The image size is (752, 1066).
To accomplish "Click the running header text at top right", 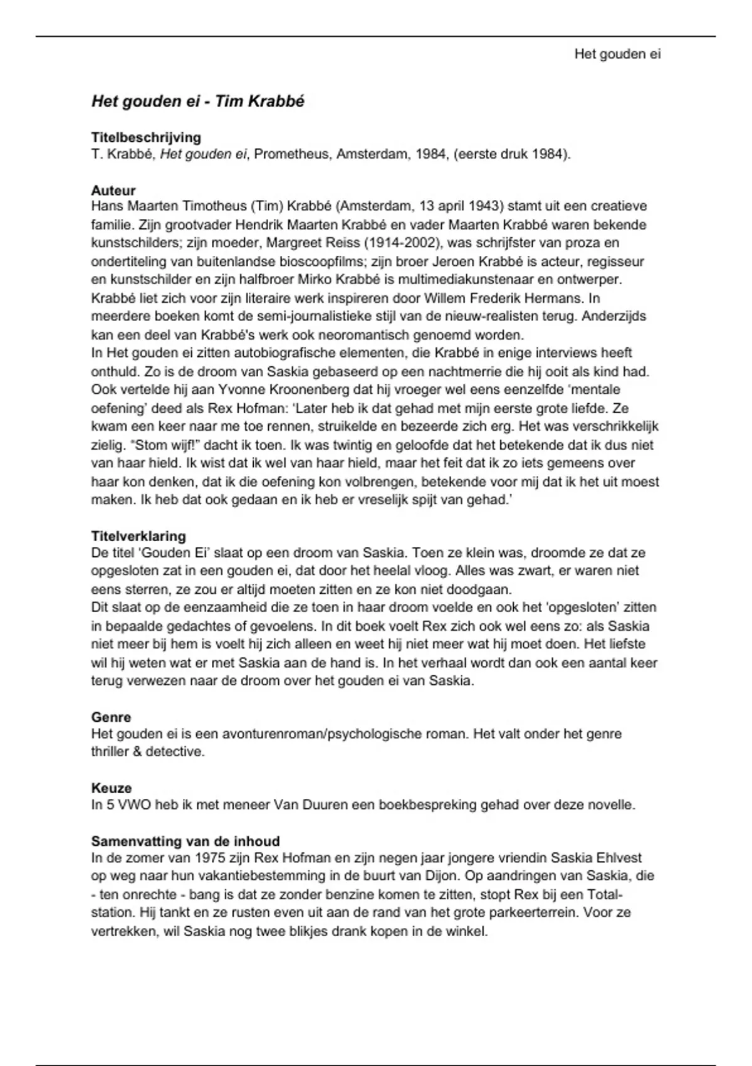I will click(x=617, y=54).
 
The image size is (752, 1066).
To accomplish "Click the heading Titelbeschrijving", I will click(x=146, y=137).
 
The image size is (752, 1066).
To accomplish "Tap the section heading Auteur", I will click(x=113, y=190).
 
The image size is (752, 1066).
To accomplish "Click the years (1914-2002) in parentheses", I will click(x=394, y=243).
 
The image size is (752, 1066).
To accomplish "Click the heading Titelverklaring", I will click(x=138, y=536).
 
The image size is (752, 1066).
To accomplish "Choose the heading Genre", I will click(x=111, y=717).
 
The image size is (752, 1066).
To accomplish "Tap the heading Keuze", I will click(x=112, y=788).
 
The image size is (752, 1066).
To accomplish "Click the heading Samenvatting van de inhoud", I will click(x=185, y=841).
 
